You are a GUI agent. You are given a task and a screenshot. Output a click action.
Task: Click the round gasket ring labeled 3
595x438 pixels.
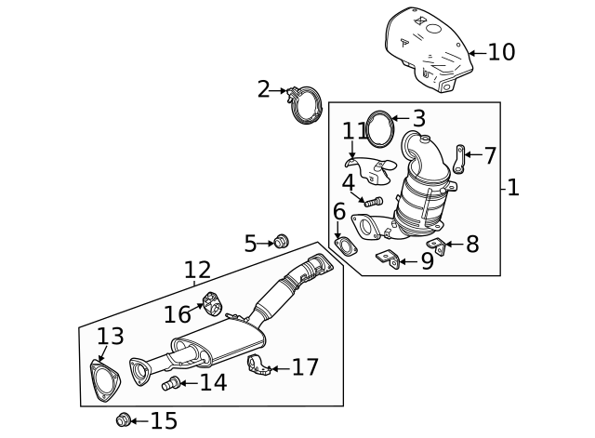377,127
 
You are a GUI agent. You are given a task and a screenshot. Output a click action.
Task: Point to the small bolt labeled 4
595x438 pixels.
373,200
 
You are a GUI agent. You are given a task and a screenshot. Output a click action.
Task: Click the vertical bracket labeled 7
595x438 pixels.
460,158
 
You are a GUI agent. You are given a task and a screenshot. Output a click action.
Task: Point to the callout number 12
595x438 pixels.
197,271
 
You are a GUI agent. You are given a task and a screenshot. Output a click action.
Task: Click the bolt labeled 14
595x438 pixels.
170,383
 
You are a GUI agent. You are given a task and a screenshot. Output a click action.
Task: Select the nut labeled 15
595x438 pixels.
123,420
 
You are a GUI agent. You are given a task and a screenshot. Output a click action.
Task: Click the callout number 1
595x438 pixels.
512,188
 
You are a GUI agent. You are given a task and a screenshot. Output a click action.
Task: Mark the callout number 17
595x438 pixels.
305,367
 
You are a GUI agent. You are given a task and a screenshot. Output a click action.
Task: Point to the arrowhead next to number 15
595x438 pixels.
133,421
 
